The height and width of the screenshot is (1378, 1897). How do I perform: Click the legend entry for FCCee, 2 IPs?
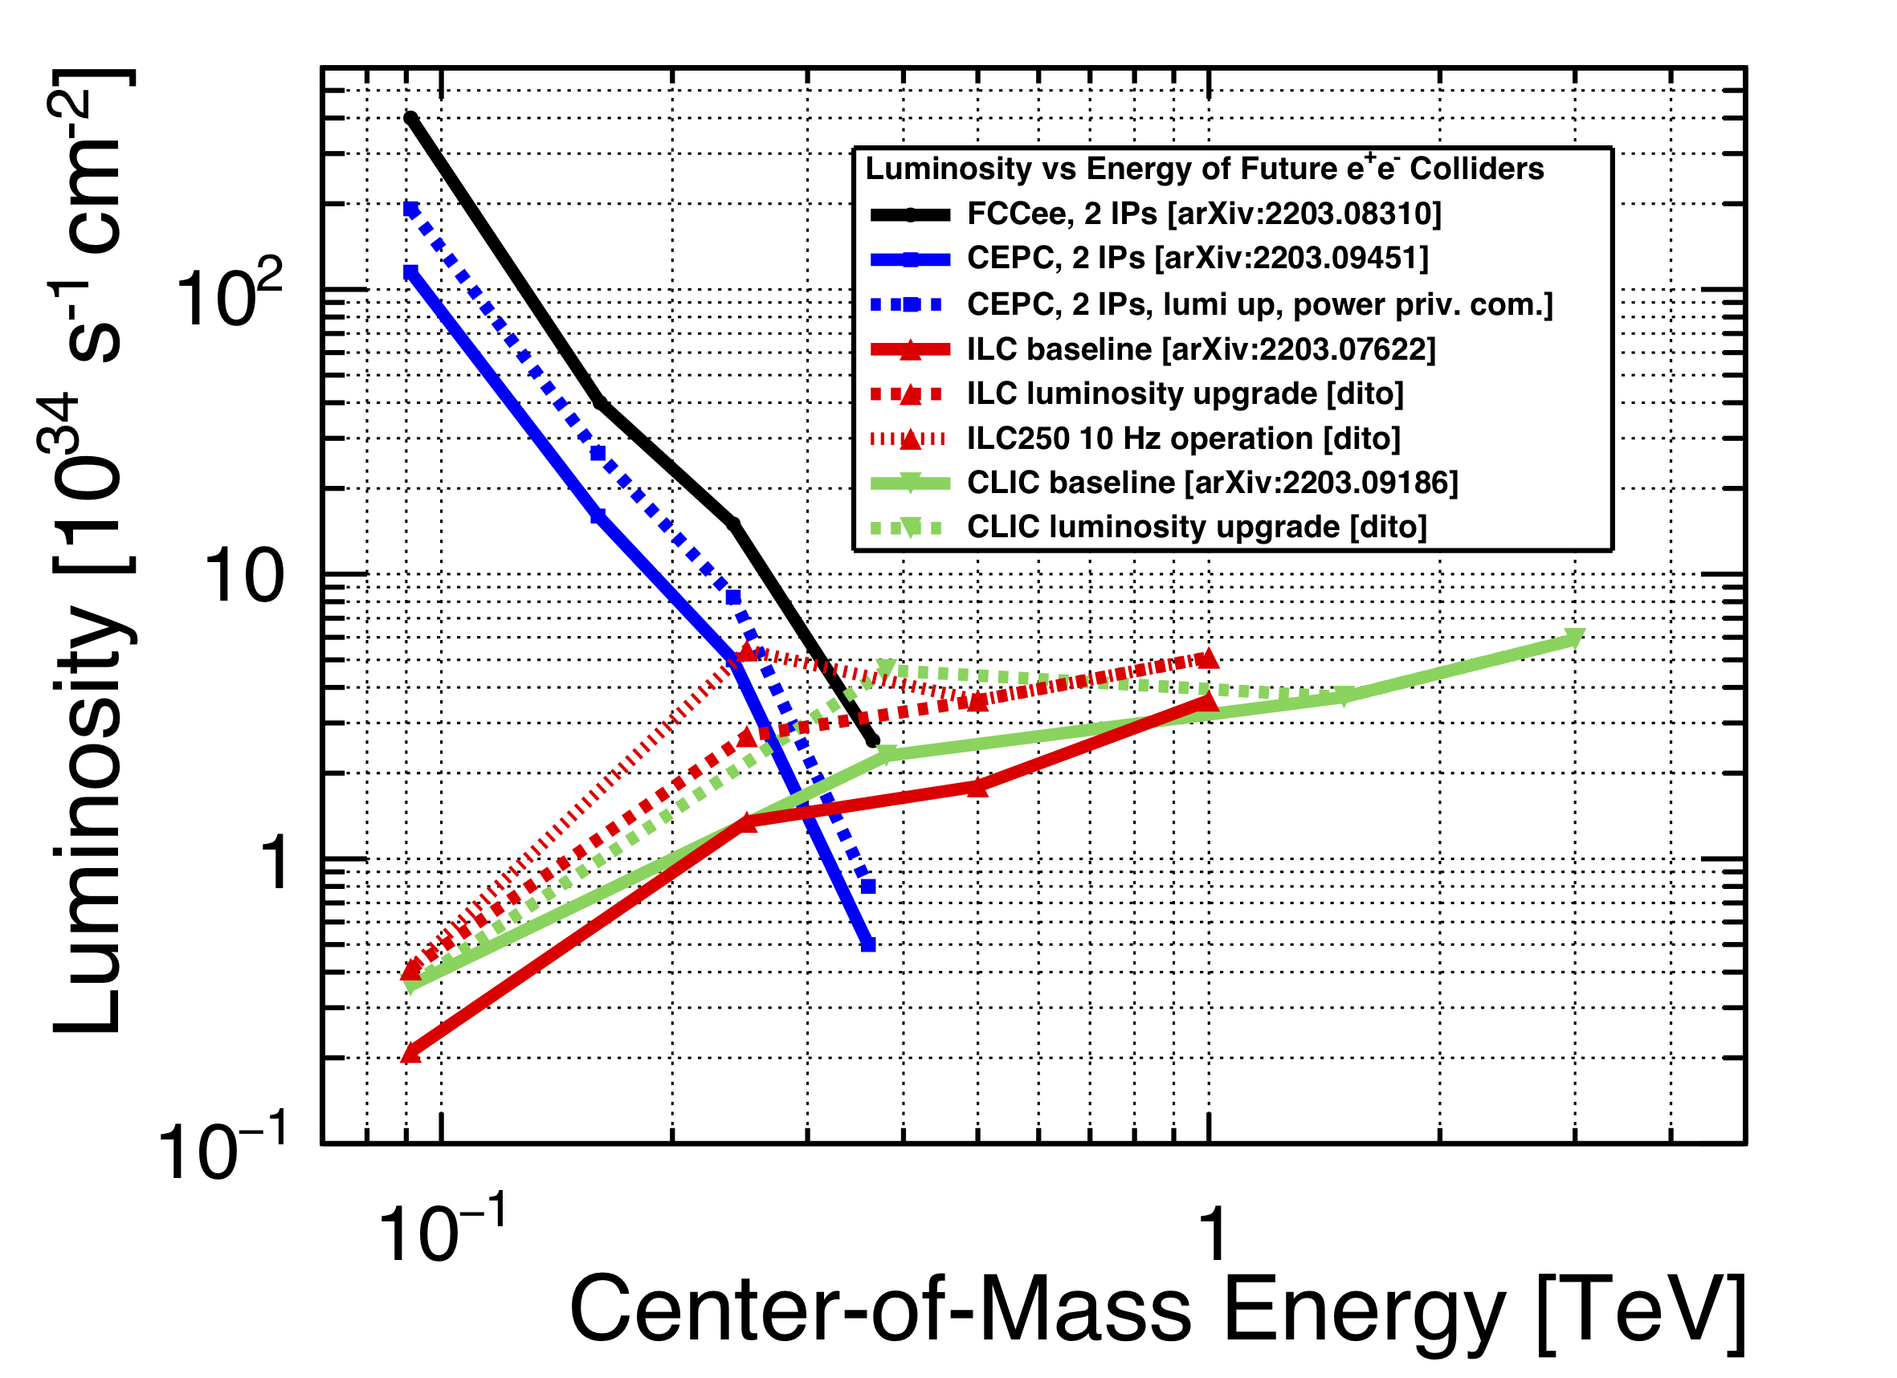pos(1204,214)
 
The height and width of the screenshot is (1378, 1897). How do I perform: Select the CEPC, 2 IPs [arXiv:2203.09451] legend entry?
pos(1197,259)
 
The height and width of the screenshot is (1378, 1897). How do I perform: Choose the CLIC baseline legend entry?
pos(1212,483)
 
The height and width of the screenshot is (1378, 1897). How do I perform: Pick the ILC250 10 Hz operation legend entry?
pos(1183,438)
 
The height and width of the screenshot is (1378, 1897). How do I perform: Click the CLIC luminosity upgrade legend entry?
pos(1196,527)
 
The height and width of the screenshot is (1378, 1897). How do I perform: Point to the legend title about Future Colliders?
pos(1205,169)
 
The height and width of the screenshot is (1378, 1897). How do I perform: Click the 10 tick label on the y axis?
pos(243,577)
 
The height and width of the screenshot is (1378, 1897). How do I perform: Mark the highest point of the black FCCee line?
pos(410,118)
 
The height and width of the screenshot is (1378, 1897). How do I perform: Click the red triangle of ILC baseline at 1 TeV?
pos(1209,702)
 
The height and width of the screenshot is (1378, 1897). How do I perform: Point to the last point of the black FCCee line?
pos(872,741)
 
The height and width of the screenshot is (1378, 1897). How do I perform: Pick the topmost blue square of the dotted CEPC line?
pos(410,209)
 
